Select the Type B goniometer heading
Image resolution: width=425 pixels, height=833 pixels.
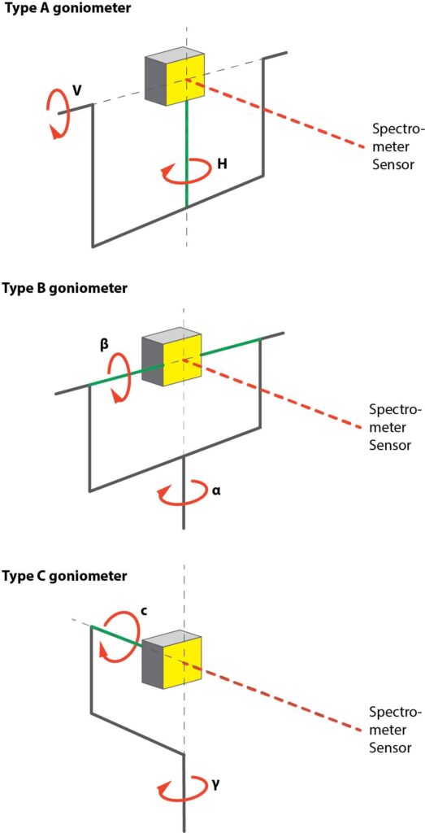click(x=63, y=288)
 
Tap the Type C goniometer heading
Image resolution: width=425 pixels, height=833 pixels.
click(x=63, y=576)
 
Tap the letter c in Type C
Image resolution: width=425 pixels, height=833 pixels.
click(x=143, y=608)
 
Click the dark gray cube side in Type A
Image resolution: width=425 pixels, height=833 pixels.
click(x=155, y=81)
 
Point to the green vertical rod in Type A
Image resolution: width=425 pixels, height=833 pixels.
click(x=186, y=155)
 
